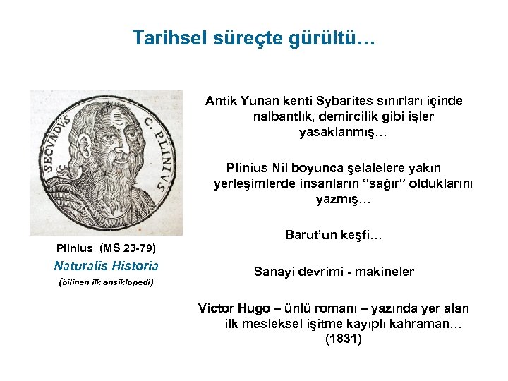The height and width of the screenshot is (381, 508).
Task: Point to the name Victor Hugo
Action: coord(230,308)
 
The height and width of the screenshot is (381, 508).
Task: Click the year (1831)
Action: coord(343,339)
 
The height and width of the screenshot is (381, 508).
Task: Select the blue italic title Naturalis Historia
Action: coord(106,266)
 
